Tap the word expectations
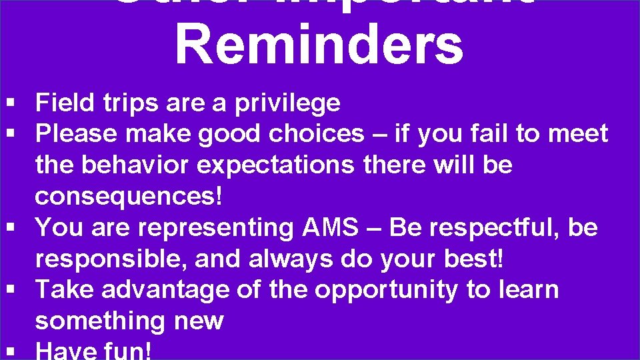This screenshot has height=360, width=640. [x=275, y=165]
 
